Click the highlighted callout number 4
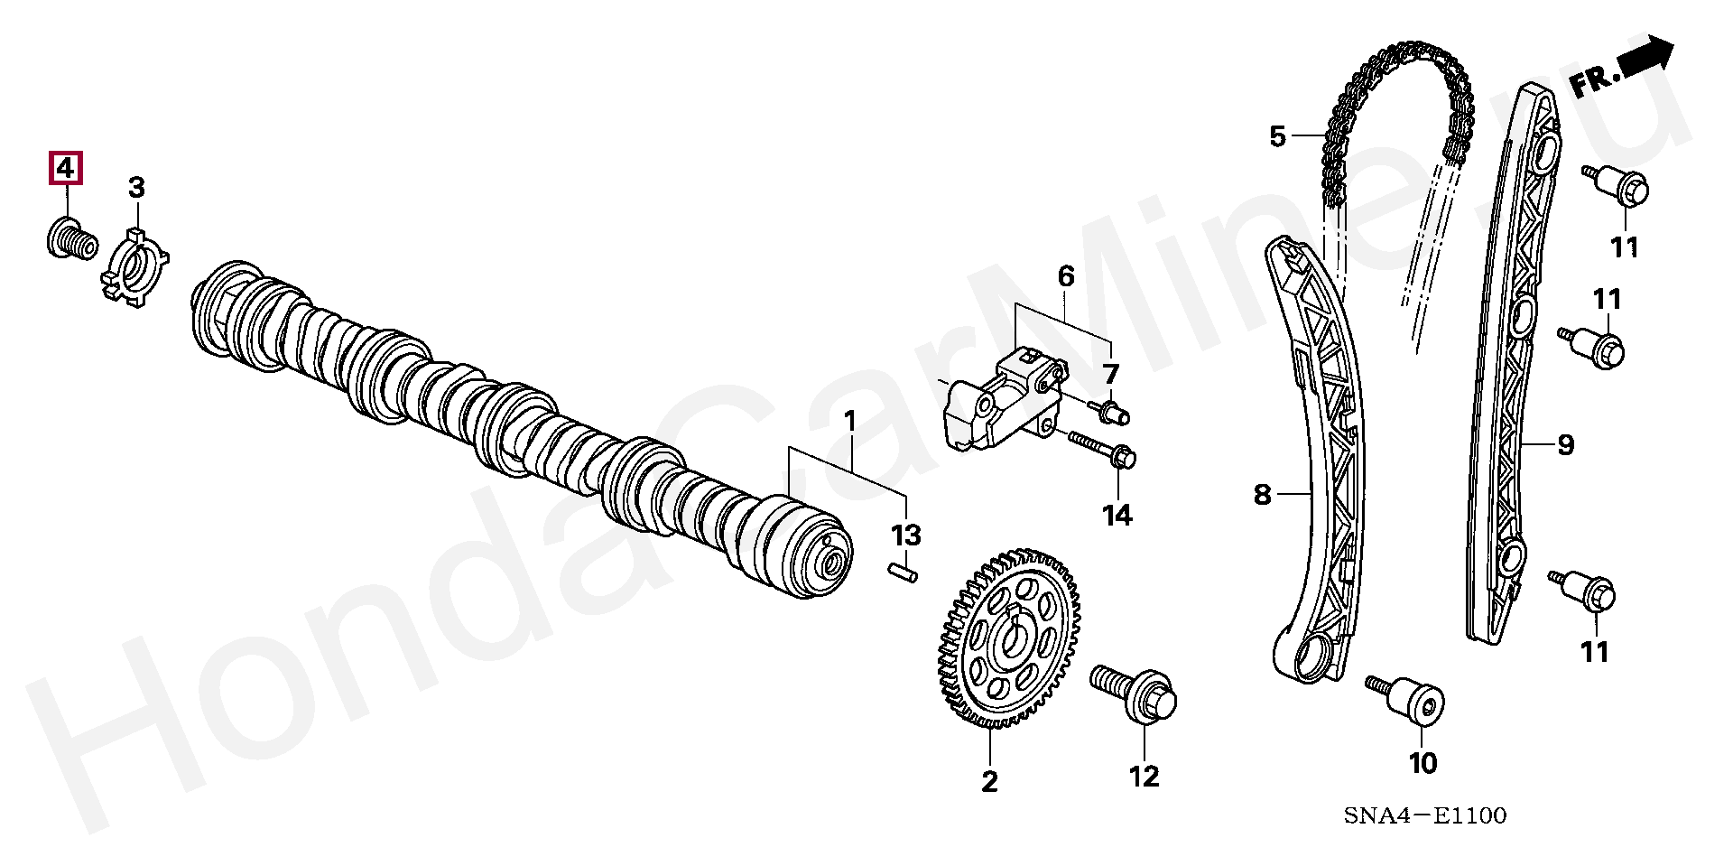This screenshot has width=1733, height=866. pos(65,170)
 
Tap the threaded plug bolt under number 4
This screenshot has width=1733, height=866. pos(70,237)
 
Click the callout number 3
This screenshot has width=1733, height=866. pos(135,188)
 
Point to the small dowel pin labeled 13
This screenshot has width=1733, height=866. pos(269,572)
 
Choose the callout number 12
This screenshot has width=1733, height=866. pos(1144,776)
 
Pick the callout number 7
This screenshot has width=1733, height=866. pos(1110,374)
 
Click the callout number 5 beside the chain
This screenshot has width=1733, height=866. pos(1276,137)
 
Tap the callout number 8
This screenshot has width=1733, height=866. pos(1262,495)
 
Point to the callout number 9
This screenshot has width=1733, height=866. pos(1565,445)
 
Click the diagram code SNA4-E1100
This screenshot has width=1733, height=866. pos(1424,816)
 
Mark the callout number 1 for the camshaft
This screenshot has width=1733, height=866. pos(848,421)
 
